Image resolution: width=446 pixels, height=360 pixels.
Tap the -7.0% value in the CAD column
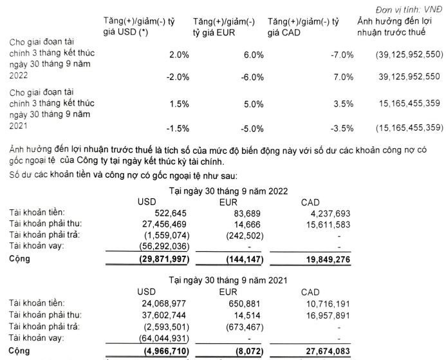[339, 55]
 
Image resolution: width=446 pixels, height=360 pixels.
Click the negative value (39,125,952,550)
[402, 55]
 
